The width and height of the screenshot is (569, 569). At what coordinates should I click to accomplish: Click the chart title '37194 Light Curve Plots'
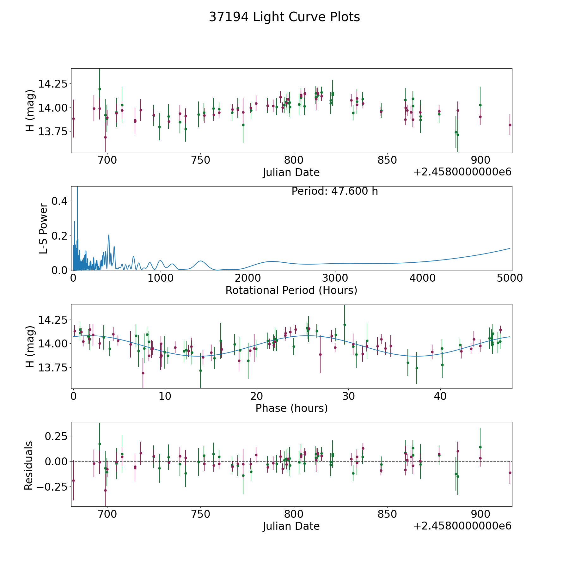click(x=284, y=17)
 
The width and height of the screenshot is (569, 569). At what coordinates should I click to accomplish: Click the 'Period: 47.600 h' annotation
click(x=334, y=191)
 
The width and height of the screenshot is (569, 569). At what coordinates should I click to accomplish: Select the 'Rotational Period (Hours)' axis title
click(x=291, y=290)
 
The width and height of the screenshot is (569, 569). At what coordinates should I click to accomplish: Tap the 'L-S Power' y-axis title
click(x=43, y=229)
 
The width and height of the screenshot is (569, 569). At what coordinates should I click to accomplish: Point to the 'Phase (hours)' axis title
click(x=291, y=408)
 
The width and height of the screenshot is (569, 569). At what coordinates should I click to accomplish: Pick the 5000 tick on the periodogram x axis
click(x=510, y=278)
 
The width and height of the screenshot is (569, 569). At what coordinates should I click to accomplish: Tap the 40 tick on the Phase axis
click(x=440, y=396)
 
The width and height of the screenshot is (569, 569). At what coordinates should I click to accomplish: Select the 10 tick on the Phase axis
click(x=165, y=396)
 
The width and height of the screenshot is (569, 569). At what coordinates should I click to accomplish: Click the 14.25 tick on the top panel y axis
click(x=53, y=84)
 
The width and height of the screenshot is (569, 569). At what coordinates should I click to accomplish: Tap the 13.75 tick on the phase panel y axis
click(x=53, y=368)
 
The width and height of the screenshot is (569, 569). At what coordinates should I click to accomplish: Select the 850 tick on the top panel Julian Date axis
click(x=387, y=160)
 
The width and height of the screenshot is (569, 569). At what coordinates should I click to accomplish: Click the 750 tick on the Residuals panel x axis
click(x=201, y=514)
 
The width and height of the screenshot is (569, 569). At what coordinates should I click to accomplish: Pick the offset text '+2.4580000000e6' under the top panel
click(x=462, y=172)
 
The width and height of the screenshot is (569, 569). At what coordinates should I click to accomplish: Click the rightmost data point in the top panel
click(x=510, y=125)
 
